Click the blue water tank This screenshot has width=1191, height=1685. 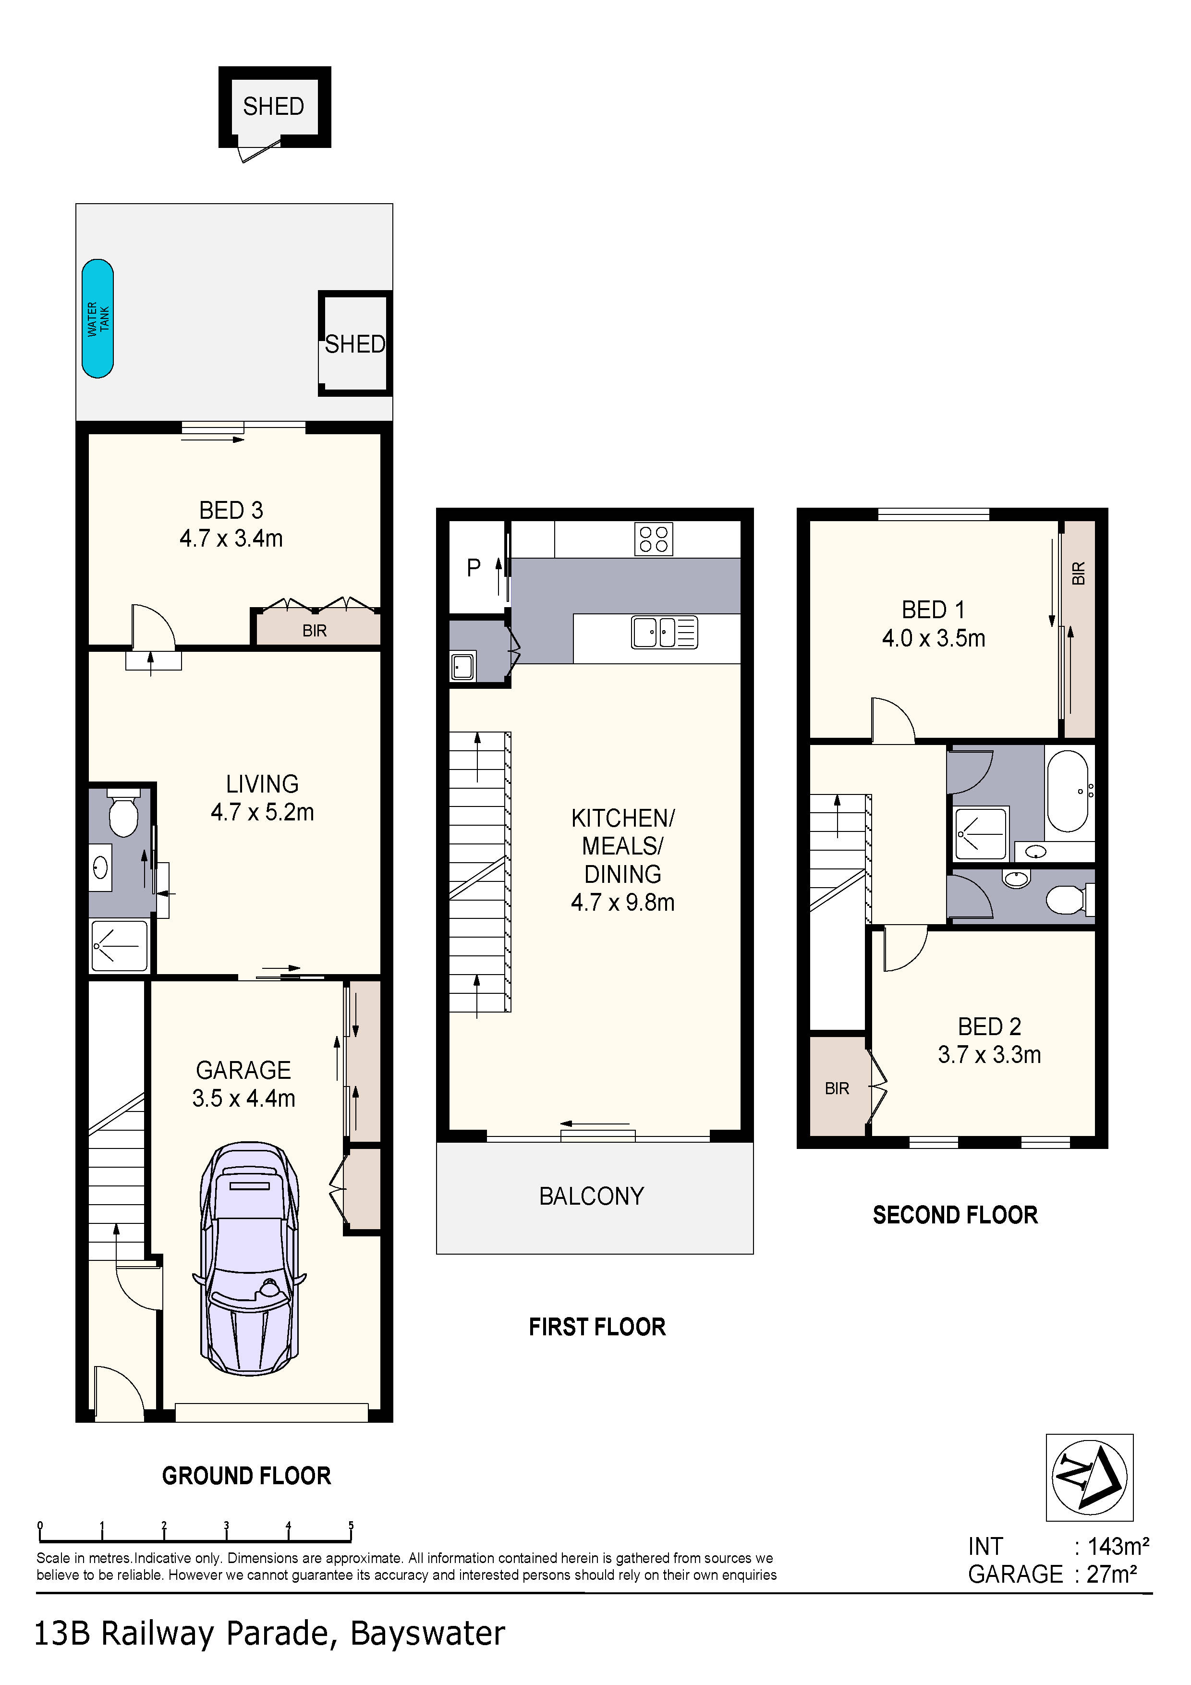tap(97, 318)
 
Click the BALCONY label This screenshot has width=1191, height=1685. tap(592, 1196)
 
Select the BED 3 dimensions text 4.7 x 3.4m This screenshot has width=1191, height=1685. tap(231, 538)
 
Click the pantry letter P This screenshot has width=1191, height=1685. tap(474, 567)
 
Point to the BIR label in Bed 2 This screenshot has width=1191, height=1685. tap(837, 1088)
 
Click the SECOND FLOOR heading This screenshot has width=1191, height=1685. tap(956, 1215)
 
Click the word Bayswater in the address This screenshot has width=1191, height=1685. tap(428, 1634)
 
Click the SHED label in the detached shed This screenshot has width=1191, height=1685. tap(274, 107)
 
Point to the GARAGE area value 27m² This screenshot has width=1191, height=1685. tap(1112, 1574)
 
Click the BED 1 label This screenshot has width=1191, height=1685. tap(934, 610)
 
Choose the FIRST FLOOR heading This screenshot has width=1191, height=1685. tap(597, 1327)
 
